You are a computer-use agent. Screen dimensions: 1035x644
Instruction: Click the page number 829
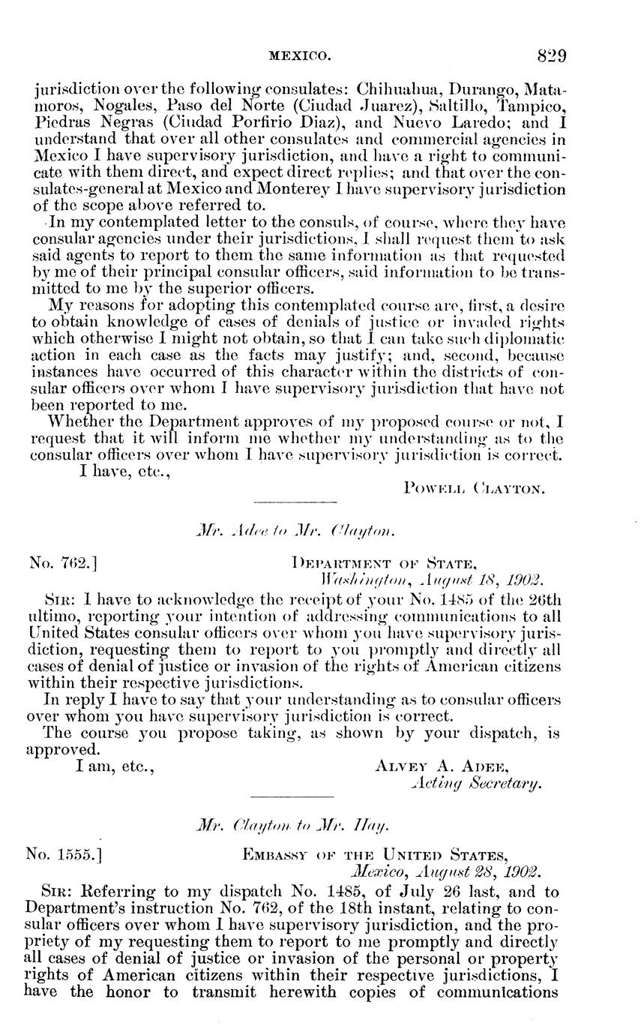pyautogui.click(x=551, y=55)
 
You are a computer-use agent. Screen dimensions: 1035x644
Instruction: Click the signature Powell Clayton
pyautogui.click(x=474, y=489)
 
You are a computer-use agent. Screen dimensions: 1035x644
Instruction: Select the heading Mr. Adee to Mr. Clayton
pyautogui.click(x=294, y=532)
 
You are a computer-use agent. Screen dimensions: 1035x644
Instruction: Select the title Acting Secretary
pyautogui.click(x=476, y=783)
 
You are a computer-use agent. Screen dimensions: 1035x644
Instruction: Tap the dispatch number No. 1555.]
pyautogui.click(x=64, y=853)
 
